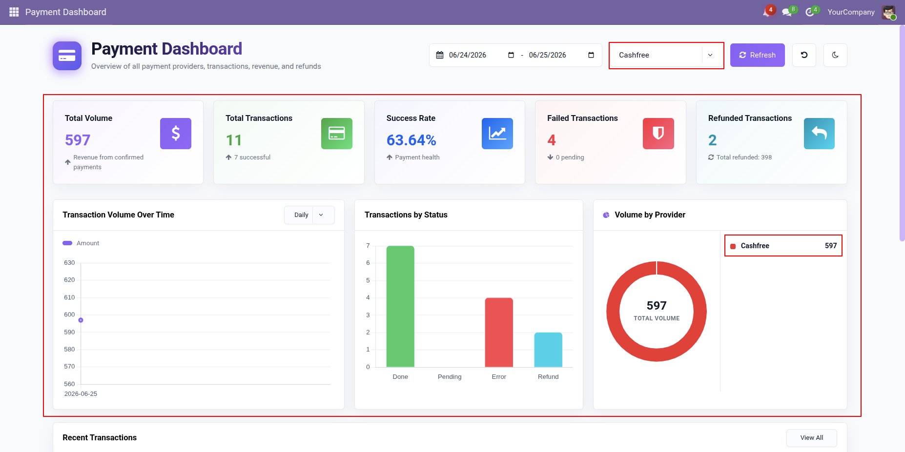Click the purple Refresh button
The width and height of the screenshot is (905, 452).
[x=757, y=55]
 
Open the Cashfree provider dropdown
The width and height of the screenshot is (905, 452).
[x=666, y=55]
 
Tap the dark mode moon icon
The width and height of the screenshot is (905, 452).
[x=835, y=55]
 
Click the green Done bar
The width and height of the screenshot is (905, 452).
[x=400, y=306]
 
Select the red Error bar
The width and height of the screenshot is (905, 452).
[x=499, y=332]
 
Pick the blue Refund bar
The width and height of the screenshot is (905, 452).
[x=548, y=350]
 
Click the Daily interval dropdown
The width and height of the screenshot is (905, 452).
[x=309, y=215]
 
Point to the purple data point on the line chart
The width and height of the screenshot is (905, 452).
[x=81, y=320]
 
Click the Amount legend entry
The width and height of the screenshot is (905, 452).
[x=81, y=243]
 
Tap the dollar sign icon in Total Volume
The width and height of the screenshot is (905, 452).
[x=176, y=134]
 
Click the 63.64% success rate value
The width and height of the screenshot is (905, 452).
[x=411, y=140]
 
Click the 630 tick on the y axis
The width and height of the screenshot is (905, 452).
[x=69, y=263]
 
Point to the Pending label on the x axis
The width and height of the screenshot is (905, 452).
[x=450, y=377]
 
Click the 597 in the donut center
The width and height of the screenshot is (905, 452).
[x=657, y=306]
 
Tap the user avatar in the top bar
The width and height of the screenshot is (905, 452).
[x=888, y=12]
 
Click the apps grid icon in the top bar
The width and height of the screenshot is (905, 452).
[x=14, y=12]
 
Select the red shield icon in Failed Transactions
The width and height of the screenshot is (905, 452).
[x=658, y=134]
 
